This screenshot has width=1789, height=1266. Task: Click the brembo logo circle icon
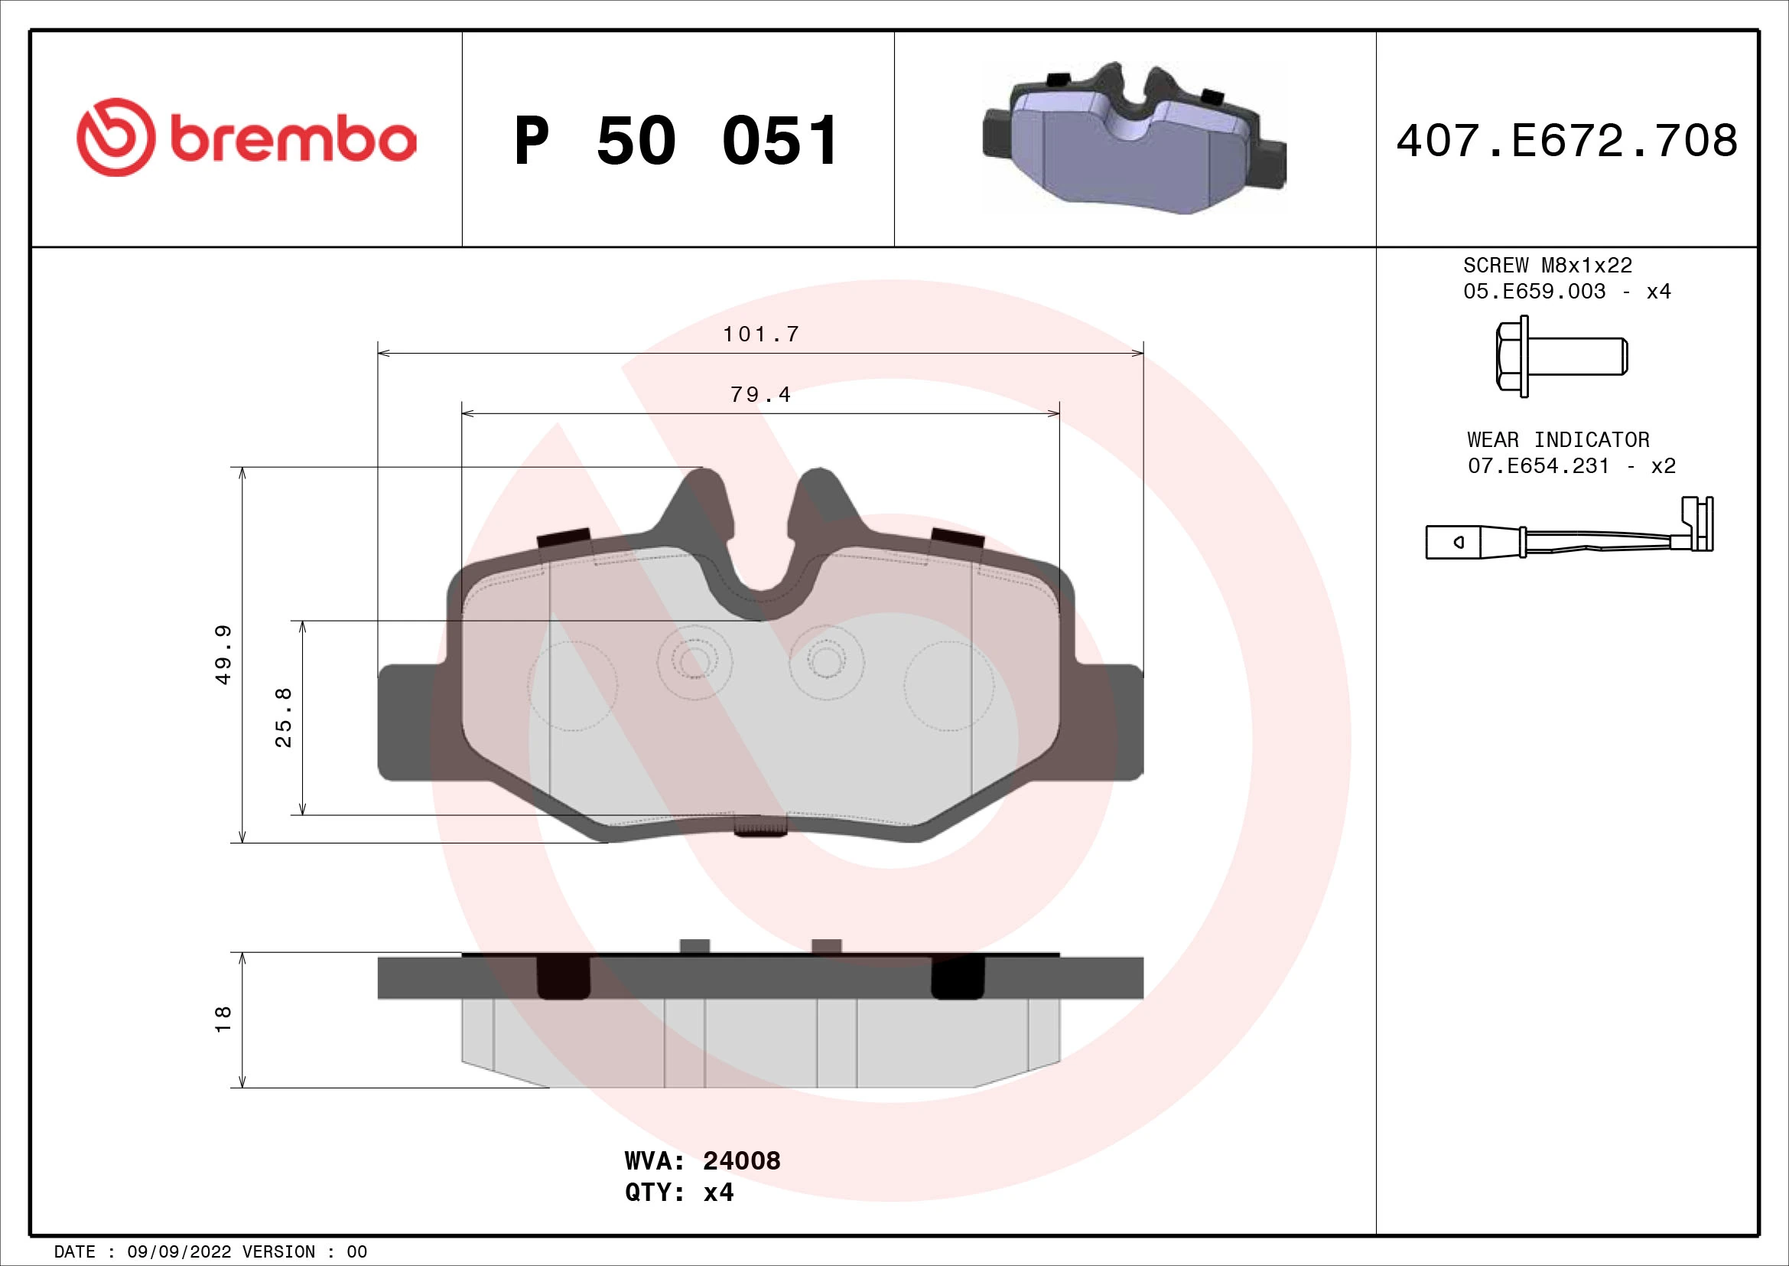tap(115, 137)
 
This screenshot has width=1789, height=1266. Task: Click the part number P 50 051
tap(675, 141)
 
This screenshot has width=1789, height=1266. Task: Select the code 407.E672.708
tap(1566, 141)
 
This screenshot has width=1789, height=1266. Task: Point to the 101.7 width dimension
tap(760, 334)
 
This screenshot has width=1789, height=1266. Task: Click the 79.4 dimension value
tap(760, 395)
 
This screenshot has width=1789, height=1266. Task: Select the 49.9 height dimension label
tap(223, 655)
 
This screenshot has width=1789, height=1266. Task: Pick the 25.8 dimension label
tap(284, 717)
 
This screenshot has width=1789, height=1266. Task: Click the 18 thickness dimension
tap(223, 1019)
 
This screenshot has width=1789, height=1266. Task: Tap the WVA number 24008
tap(741, 1161)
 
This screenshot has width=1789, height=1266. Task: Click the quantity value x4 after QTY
tap(718, 1193)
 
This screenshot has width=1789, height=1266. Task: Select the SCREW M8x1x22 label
tap(1547, 266)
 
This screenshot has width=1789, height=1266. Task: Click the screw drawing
tap(1561, 356)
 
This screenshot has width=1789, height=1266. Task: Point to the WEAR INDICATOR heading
tap(1558, 439)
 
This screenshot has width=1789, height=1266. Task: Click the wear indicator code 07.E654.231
tap(1538, 466)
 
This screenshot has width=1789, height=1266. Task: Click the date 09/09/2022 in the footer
tap(179, 1252)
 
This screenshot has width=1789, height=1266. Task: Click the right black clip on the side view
tap(958, 978)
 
